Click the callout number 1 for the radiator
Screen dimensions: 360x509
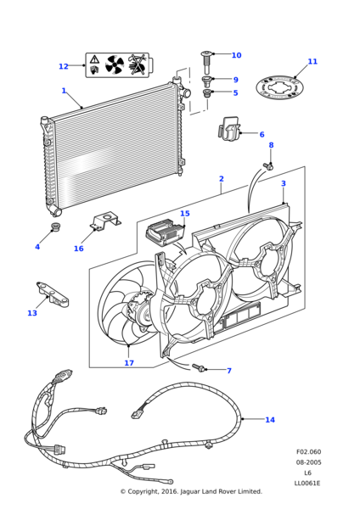click(64, 91)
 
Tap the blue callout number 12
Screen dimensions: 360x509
click(64, 66)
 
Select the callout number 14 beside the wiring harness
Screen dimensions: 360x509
click(270, 420)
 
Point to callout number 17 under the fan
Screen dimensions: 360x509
click(129, 362)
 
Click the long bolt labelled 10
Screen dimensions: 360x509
click(206, 62)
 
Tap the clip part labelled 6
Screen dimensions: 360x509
click(229, 131)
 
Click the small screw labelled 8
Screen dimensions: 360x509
click(268, 166)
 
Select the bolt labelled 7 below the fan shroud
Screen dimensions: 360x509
click(198, 368)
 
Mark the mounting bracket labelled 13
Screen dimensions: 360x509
click(53, 294)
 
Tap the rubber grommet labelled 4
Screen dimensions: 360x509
click(57, 227)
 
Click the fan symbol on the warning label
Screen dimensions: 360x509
click(115, 64)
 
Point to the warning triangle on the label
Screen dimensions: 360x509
click(94, 59)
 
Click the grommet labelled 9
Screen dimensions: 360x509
click(206, 81)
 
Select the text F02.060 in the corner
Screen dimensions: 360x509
click(308, 451)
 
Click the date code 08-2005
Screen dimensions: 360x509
click(308, 462)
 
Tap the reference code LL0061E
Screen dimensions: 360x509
click(307, 483)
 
